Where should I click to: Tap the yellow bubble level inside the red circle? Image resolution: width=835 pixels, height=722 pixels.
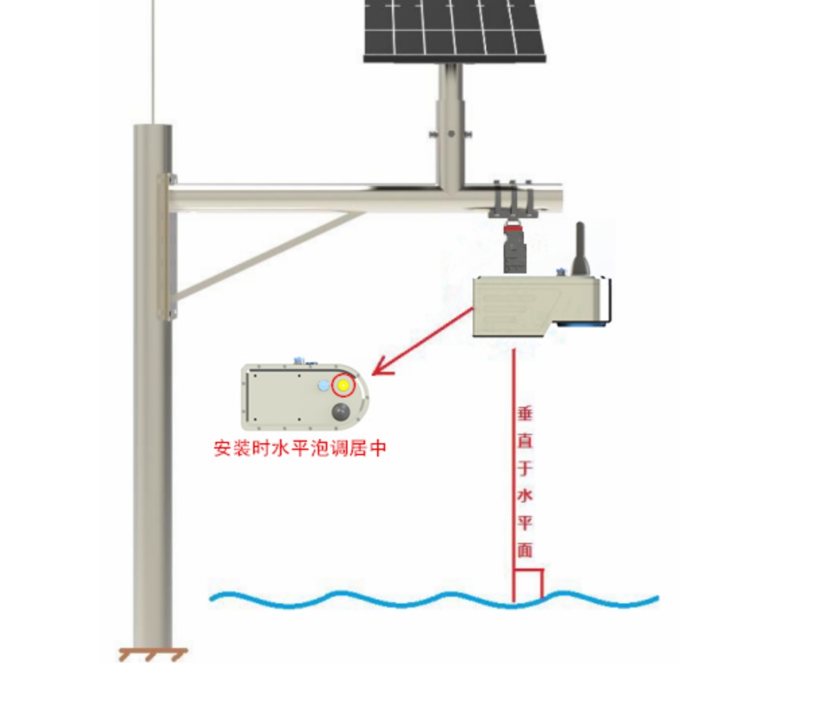343,386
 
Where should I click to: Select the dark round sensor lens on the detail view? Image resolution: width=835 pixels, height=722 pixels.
341,412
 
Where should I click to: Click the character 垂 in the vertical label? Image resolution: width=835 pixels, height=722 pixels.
525,413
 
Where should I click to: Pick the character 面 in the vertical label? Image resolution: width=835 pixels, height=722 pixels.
525,550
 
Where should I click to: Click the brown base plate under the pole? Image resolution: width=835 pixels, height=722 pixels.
153,653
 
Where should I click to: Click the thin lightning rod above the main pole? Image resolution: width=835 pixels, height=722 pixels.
154,61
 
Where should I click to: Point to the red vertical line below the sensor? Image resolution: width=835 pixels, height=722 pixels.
514,471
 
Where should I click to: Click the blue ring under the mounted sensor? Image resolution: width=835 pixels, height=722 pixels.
583,325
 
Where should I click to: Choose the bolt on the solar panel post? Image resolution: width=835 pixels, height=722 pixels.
450,134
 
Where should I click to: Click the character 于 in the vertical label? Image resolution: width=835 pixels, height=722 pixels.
525,468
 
